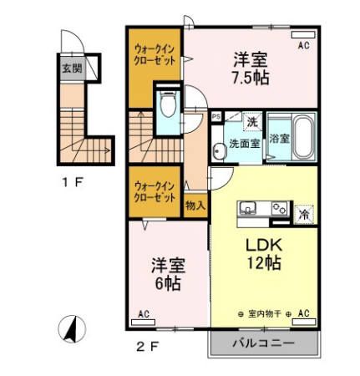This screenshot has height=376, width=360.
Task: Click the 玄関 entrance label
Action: (72, 68)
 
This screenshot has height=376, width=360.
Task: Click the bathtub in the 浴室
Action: (302, 138)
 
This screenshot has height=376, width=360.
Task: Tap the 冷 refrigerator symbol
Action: (304, 213)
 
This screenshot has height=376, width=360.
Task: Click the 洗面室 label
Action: (245, 144)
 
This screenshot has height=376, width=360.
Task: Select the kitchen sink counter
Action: (262, 209)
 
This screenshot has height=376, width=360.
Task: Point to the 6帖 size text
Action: (167, 283)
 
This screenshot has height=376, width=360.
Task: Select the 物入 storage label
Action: (195, 203)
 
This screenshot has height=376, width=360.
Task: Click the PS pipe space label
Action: (215, 118)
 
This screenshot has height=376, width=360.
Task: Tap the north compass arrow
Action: (74, 329)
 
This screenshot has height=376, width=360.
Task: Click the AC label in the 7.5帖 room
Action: (304, 47)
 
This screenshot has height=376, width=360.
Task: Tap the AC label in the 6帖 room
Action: (144, 314)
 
